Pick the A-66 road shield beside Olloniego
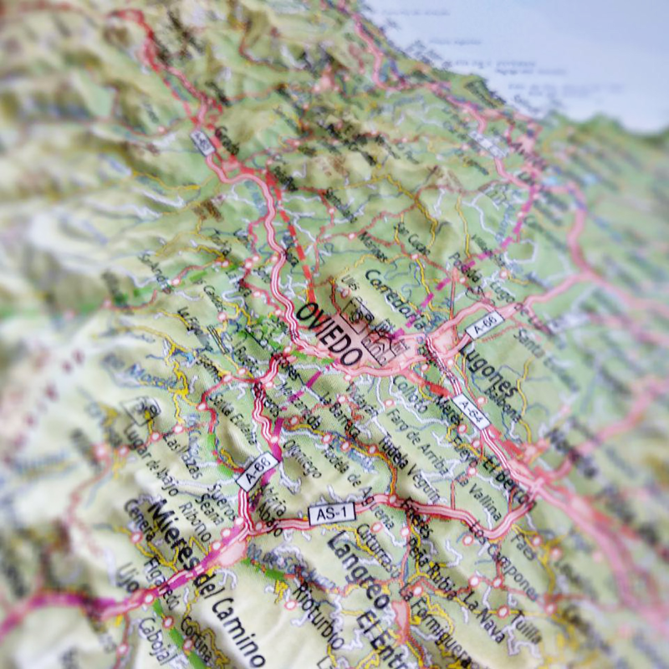[x=257, y=471]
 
